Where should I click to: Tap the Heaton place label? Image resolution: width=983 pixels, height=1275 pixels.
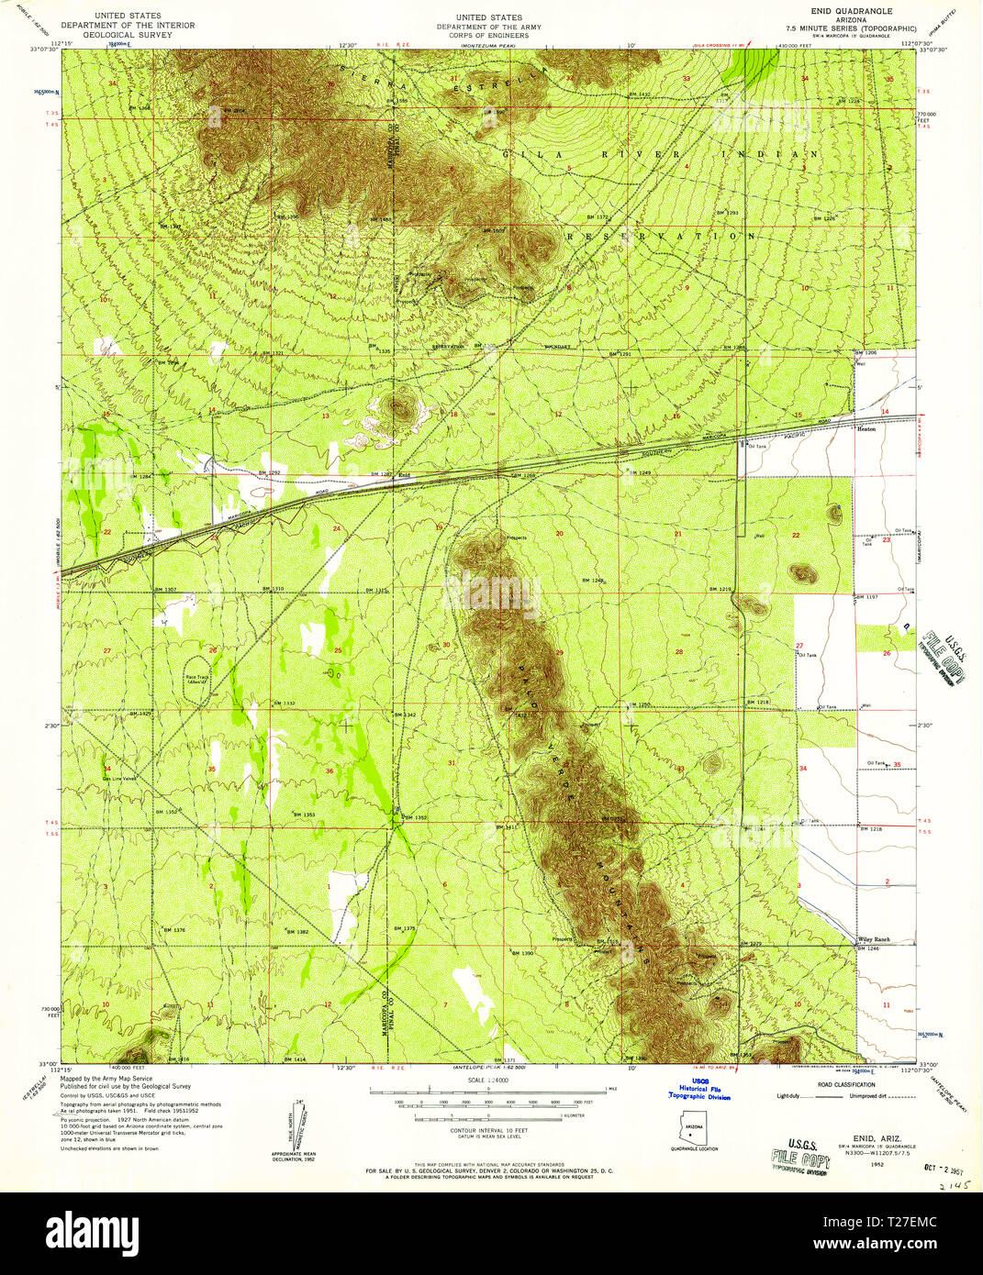[x=866, y=428]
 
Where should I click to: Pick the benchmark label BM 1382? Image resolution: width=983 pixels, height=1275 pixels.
[x=296, y=931]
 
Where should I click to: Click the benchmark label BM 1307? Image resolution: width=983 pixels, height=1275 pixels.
[x=164, y=588]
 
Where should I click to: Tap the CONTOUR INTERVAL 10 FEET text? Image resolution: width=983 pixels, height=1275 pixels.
[x=489, y=1131]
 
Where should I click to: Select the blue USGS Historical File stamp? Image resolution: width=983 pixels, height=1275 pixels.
[x=698, y=1089]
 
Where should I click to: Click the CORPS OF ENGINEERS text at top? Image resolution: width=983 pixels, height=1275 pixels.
[x=488, y=36]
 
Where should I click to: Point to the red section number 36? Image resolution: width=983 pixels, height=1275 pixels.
[x=330, y=771]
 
